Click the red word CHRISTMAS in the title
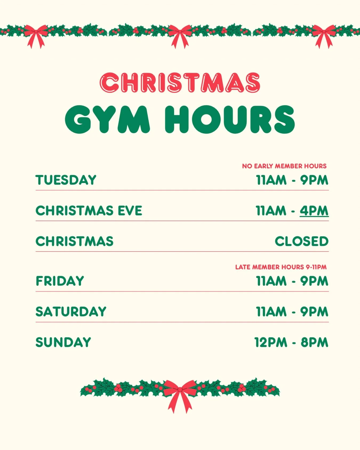180,82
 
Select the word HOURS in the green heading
230,119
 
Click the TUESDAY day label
66,180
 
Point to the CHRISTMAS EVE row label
89,211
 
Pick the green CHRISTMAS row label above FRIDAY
74,241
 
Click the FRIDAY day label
60,281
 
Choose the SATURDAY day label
71,312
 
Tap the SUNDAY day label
63,343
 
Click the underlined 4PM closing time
314,211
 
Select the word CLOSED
302,241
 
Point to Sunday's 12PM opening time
271,343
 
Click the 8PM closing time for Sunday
314,343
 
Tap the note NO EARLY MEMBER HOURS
284,166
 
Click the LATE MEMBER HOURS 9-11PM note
281,267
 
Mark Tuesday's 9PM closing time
314,180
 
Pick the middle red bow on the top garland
180,35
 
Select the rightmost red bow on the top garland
324,35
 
